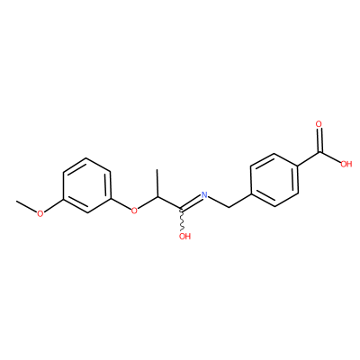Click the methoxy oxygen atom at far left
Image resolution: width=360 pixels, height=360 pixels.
pyautogui.click(x=40, y=213)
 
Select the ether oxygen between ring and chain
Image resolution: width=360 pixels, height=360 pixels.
pyautogui.click(x=134, y=211)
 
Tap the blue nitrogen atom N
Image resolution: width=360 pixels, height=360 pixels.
pyautogui.click(x=204, y=194)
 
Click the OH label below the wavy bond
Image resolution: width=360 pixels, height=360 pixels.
pyautogui.click(x=184, y=236)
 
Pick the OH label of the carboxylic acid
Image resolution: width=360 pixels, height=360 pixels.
pyautogui.click(x=346, y=164)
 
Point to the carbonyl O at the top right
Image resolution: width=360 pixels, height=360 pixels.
pyautogui.click(x=319, y=124)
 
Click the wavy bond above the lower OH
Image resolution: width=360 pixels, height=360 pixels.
pyautogui.click(x=181, y=220)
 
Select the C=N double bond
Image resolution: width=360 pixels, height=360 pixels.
pyautogui.click(x=190, y=202)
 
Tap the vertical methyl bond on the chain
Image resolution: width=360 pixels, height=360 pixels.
pyautogui.click(x=157, y=183)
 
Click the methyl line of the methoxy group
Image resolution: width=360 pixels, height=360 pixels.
pyautogui.click(x=26, y=206)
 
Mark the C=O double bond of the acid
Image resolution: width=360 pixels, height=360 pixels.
pyautogui.click(x=320, y=140)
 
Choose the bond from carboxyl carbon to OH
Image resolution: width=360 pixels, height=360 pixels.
pyautogui.click(x=330, y=157)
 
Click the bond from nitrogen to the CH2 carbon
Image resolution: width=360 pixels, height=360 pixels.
pyautogui.click(x=219, y=202)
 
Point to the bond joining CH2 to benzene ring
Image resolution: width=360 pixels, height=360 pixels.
pyautogui.click(x=240, y=201)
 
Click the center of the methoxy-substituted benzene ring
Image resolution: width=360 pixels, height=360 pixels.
pyautogui.click(x=87, y=185)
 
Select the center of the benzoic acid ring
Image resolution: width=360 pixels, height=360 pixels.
pyautogui.click(x=274, y=180)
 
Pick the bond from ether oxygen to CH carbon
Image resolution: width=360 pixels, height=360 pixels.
pyautogui.click(x=148, y=202)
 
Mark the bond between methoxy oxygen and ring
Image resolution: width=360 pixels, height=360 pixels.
pyautogui.click(x=53, y=205)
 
